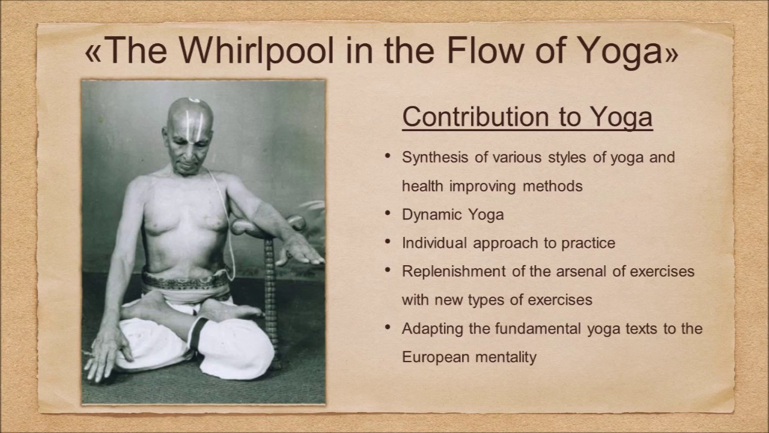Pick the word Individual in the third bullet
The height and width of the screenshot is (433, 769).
434,243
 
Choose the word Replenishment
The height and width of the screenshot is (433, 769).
454,271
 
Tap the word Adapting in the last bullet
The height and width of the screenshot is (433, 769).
428,329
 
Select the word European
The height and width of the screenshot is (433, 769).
436,357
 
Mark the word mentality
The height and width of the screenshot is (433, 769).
506,357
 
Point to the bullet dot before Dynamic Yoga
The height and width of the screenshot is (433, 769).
388,213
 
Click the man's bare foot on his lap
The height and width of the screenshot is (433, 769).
234,310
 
